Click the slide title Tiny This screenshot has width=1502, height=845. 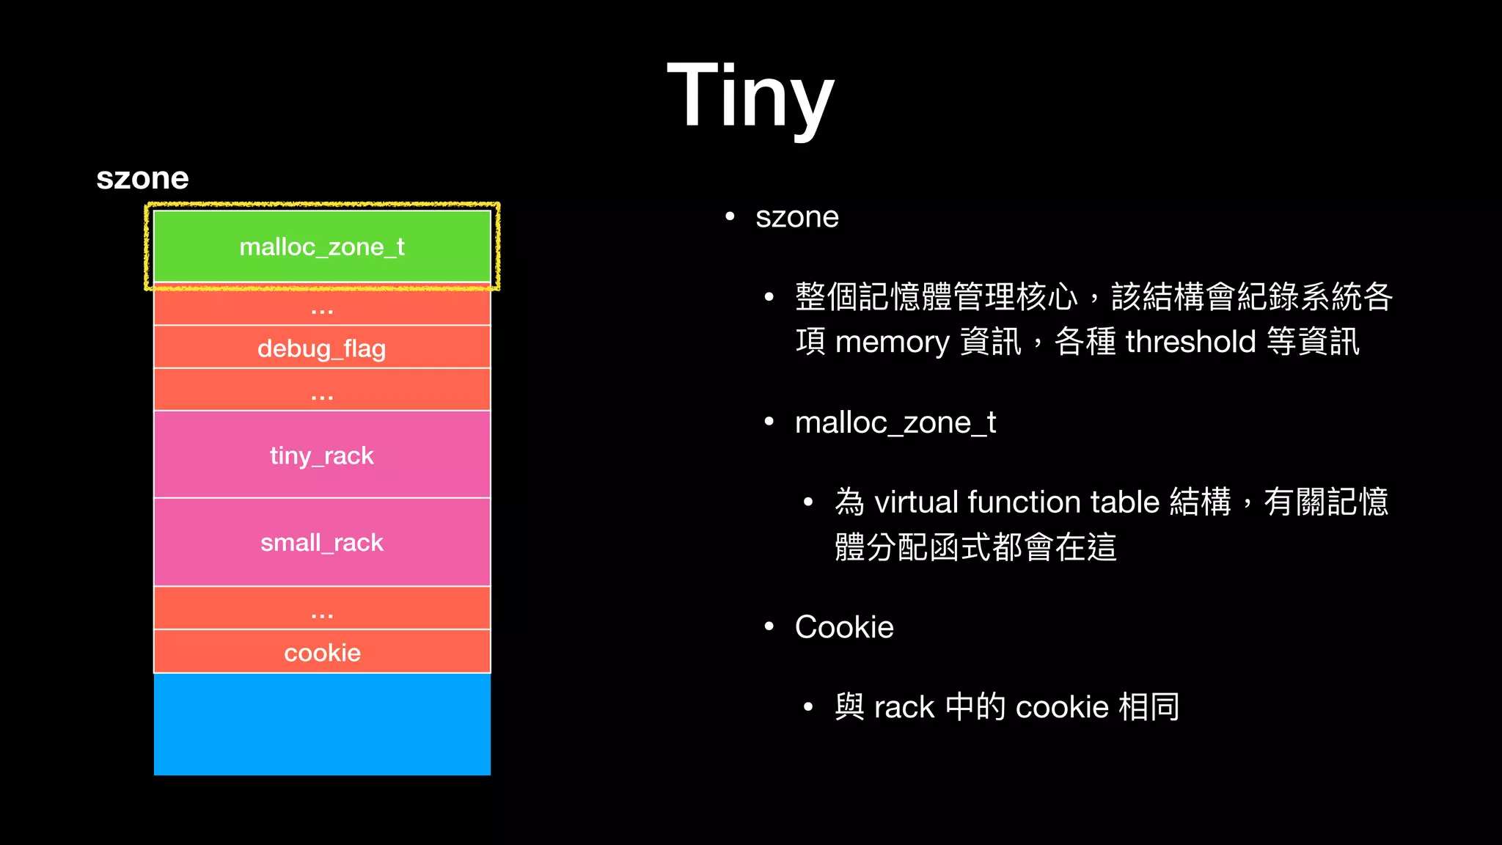750,95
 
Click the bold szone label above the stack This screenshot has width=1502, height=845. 142,178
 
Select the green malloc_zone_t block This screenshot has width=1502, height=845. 322,247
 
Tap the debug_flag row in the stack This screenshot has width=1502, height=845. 322,348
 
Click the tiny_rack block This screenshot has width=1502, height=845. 322,456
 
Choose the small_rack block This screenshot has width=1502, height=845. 322,543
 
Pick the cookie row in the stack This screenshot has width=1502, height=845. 322,652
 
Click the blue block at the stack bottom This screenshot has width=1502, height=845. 322,724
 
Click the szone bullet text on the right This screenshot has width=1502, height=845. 796,218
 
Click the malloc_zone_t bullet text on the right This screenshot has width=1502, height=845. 895,423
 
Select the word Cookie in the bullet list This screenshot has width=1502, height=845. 844,627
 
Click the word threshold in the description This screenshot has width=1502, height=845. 1190,342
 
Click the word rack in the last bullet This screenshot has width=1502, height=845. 904,707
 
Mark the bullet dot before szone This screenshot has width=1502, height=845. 730,216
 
